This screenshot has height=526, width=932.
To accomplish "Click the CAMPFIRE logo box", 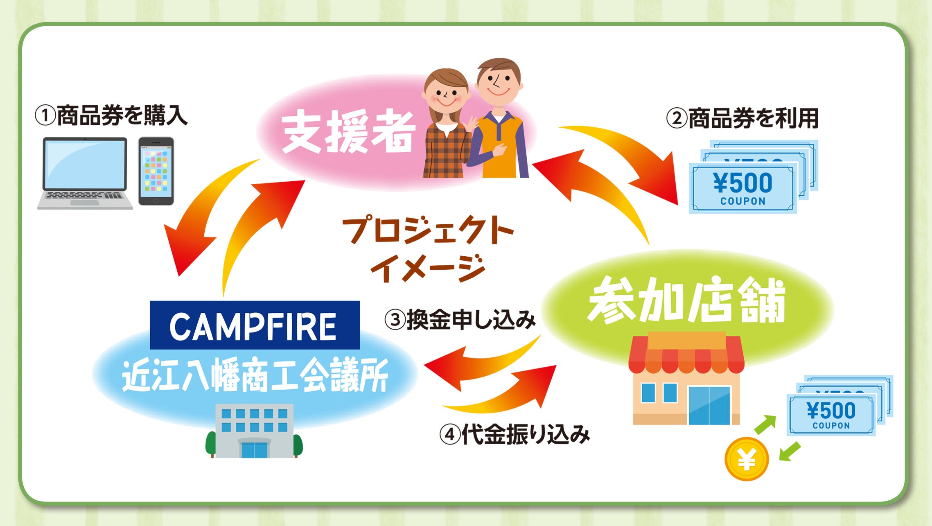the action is [x=255, y=325].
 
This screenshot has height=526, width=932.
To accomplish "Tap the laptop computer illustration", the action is [x=85, y=174].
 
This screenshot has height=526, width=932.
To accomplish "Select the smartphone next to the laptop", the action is [x=156, y=171].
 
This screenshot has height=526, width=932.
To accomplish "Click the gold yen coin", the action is [x=747, y=459].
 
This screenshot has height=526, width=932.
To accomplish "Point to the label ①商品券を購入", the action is [x=111, y=115].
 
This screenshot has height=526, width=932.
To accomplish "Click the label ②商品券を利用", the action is [x=742, y=118].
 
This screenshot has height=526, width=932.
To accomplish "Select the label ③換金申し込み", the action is [x=460, y=320].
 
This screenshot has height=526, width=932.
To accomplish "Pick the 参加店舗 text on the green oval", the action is [x=686, y=300].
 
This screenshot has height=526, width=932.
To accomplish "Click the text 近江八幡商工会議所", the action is [x=255, y=375].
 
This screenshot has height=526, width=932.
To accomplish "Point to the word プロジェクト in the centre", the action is [x=428, y=230].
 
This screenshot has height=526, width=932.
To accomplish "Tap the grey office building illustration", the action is [x=254, y=431].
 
